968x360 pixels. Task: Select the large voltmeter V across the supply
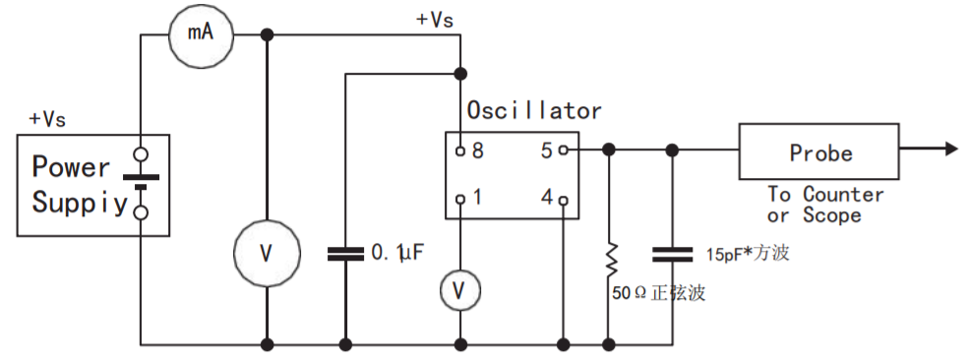point(266,254)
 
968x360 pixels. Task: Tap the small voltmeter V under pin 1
point(459,289)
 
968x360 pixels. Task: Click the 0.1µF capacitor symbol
point(345,254)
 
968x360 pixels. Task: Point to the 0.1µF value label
point(397,254)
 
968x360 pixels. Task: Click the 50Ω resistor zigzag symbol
point(610,259)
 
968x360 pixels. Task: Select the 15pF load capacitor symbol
point(672,255)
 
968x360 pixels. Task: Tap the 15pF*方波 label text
point(748,255)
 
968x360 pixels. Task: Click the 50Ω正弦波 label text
point(660,293)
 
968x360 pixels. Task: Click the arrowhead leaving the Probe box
point(950,150)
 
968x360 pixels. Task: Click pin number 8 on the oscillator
point(477,151)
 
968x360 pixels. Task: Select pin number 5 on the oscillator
point(546,151)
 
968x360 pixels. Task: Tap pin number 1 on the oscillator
point(477,199)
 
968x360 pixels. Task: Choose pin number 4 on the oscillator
point(546,199)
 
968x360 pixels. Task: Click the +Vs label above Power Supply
point(47,118)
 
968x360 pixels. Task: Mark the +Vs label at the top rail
point(437,20)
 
